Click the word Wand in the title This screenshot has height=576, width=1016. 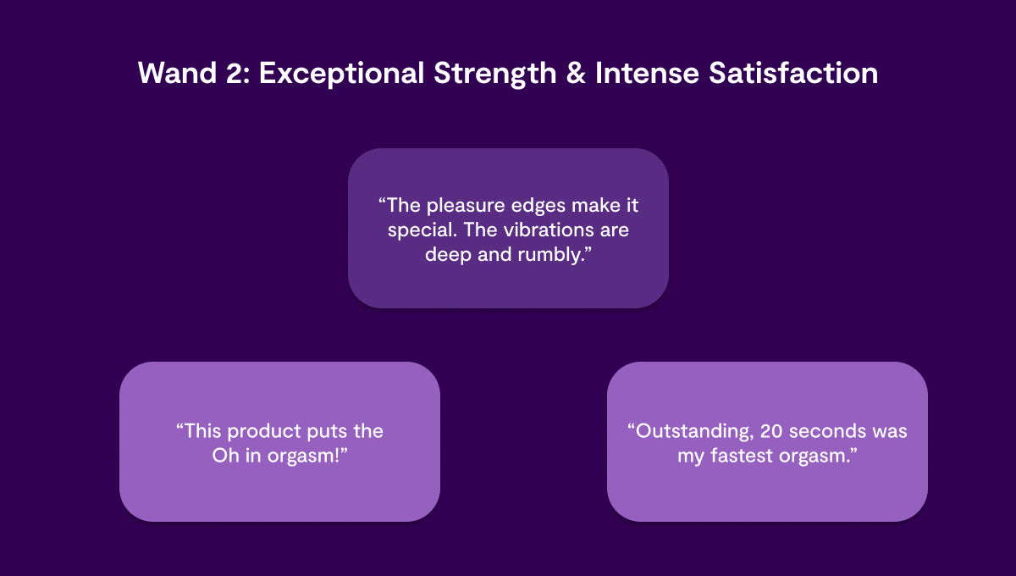(x=177, y=73)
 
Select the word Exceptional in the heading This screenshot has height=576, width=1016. (x=341, y=74)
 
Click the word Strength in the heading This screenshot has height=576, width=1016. (x=494, y=74)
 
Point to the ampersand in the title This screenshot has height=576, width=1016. (x=576, y=73)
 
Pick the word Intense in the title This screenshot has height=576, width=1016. (x=647, y=73)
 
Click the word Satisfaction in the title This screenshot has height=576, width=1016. (x=793, y=73)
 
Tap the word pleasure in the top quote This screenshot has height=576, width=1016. (x=467, y=207)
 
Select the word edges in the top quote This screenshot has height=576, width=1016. (x=538, y=207)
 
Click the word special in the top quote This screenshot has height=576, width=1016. (x=422, y=230)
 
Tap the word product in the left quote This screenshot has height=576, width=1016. (x=264, y=432)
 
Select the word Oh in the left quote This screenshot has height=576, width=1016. (x=225, y=456)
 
